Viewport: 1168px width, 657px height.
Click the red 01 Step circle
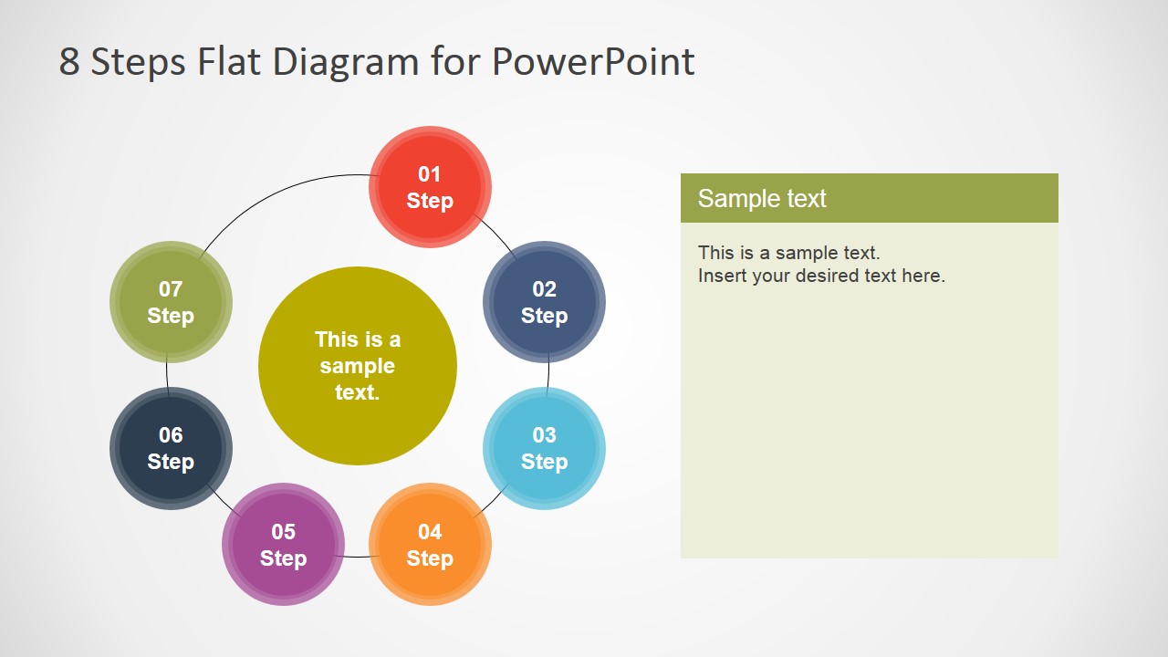[430, 187]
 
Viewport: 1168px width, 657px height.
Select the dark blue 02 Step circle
[544, 302]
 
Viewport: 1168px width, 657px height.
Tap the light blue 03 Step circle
[544, 448]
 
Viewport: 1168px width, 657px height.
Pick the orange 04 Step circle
[430, 545]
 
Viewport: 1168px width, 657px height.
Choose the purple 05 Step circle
[283, 545]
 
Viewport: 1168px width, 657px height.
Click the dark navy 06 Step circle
[171, 448]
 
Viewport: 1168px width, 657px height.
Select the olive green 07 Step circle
[171, 302]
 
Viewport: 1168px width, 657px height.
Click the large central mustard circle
[358, 366]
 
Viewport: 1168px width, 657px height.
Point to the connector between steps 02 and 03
[547, 375]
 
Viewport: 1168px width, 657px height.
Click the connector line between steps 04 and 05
[357, 556]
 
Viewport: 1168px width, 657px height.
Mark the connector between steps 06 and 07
[168, 375]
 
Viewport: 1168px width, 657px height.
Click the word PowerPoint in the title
[593, 62]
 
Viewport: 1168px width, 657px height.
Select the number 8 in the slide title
[69, 62]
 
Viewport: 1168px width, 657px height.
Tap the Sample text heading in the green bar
[762, 198]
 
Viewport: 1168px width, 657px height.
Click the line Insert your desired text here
[821, 276]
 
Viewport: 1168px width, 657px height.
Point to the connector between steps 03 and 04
[495, 500]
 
